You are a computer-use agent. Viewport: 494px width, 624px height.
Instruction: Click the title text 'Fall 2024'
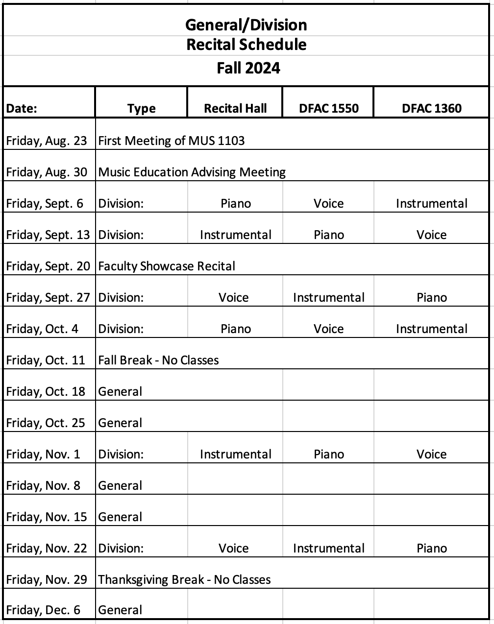248,68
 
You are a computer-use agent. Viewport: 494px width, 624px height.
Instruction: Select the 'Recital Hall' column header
235,108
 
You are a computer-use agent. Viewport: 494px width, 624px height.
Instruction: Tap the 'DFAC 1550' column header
328,108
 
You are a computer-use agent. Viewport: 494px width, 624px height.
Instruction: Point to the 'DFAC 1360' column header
431,108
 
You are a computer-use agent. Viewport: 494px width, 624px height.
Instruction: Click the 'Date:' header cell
22,109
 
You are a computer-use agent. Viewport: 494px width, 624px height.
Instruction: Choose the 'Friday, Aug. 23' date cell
47,141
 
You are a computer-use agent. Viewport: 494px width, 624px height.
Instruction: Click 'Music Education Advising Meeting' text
192,172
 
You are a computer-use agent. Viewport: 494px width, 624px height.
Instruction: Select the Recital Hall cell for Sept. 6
235,203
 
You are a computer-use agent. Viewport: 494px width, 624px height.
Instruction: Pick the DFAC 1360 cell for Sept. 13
431,235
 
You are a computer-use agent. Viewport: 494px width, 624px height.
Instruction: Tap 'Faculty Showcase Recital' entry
167,266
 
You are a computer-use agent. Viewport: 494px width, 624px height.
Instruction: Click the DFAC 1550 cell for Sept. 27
328,297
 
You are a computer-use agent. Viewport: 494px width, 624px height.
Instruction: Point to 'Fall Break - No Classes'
158,360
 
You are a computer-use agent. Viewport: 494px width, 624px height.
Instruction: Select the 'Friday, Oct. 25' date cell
46,423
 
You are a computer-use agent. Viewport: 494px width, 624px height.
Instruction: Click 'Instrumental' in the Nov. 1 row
235,454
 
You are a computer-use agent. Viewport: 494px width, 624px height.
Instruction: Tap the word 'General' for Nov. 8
120,485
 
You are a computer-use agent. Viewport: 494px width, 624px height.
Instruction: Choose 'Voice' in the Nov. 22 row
233,548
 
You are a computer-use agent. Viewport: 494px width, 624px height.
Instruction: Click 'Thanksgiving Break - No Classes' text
184,579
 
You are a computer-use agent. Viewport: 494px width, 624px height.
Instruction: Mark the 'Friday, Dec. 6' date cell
43,610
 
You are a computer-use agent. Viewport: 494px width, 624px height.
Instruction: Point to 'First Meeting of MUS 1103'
171,141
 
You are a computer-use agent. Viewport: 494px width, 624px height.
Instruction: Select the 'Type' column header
141,109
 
